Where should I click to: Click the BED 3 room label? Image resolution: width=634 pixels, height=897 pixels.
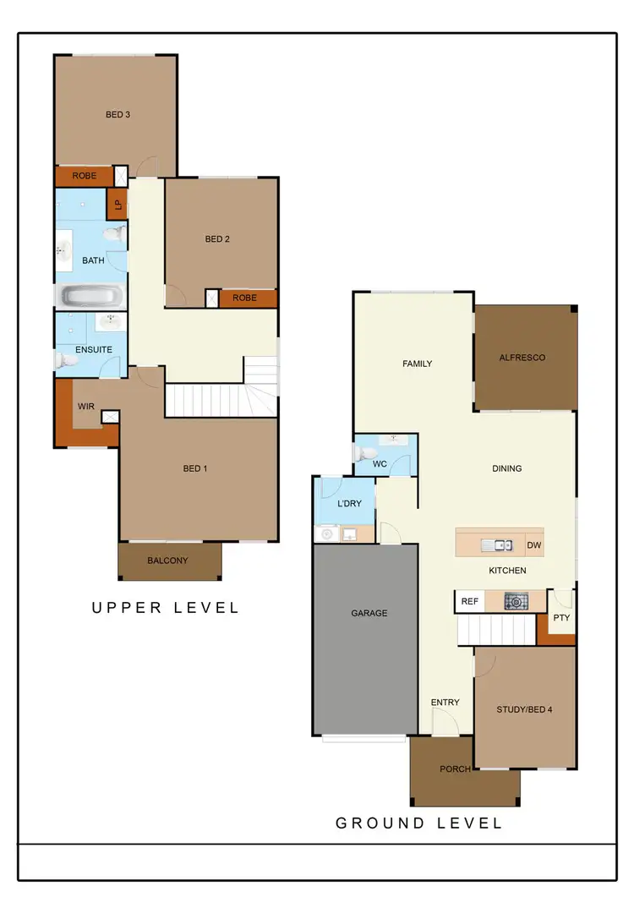coord(118,115)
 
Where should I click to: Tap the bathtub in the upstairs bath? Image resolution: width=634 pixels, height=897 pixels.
coord(90,296)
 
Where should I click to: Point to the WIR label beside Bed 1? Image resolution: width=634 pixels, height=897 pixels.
coord(86,407)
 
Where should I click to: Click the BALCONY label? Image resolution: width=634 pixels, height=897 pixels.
coord(167,561)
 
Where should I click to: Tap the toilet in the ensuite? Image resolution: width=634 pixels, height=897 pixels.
coord(66,361)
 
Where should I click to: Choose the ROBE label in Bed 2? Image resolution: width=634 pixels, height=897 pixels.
coord(244,298)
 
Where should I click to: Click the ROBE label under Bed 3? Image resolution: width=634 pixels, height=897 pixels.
coord(84,177)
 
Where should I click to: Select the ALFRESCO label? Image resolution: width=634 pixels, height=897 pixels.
coord(522,358)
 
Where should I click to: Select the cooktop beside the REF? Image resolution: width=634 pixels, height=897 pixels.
coord(515,602)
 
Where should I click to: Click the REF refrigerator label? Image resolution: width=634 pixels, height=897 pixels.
coord(469,602)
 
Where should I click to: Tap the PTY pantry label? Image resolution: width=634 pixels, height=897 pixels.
coord(561,618)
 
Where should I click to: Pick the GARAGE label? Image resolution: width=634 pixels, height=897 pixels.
coord(369,613)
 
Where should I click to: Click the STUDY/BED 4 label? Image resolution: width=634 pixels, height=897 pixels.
coord(524,709)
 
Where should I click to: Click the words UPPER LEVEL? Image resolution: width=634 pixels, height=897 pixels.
coord(165,607)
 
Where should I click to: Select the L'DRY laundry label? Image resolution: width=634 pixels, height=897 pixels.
coord(350,505)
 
